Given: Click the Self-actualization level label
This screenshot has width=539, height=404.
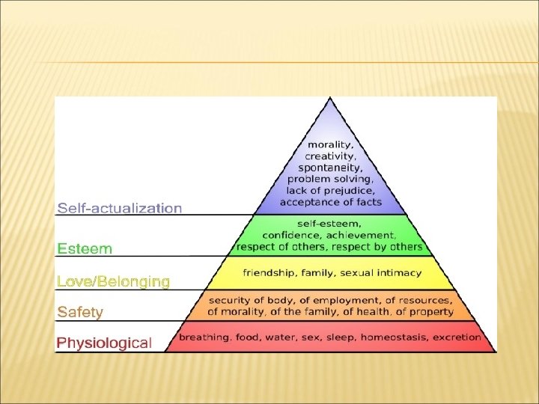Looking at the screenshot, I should [120, 207].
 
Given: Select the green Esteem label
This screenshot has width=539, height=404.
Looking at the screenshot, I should [85, 248].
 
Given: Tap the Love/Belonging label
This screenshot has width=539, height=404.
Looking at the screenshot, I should [114, 281].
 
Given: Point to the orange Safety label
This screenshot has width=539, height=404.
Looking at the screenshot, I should [80, 311].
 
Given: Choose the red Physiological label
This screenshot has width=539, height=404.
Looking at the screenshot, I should [105, 343].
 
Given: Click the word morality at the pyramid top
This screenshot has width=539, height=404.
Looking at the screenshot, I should [330, 144].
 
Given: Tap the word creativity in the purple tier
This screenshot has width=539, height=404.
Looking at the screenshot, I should [330, 156].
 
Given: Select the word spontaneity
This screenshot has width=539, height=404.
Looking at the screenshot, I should [330, 168].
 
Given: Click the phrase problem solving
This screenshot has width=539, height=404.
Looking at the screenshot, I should [330, 179].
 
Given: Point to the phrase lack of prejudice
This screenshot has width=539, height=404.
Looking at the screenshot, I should [330, 190].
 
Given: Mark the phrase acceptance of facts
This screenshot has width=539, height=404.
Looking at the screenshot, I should [330, 202].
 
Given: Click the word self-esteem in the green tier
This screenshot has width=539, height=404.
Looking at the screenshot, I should [330, 224].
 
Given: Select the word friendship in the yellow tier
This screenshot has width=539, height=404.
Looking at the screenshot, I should [267, 273].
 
